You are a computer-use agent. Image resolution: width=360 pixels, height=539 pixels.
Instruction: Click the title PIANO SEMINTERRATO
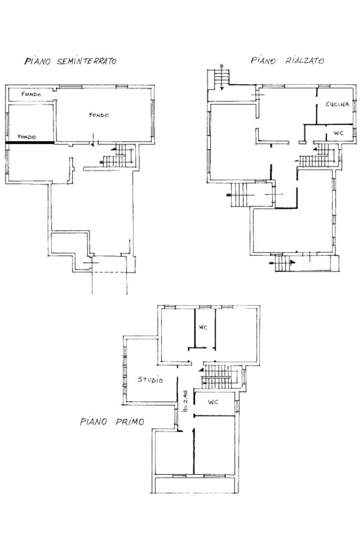click(x=71, y=61)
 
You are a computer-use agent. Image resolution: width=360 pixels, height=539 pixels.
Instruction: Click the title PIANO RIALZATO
click(x=287, y=61)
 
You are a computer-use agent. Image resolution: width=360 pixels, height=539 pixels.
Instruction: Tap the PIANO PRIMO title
click(x=112, y=422)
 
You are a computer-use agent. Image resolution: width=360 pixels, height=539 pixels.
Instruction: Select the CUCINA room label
click(x=337, y=104)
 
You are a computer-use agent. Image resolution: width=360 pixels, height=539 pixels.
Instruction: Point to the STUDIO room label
click(x=150, y=379)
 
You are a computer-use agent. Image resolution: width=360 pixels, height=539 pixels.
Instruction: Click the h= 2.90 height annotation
click(x=185, y=401)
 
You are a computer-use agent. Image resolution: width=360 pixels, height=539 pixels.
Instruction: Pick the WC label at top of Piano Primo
click(x=203, y=328)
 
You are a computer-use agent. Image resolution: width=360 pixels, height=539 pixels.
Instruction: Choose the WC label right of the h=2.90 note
click(x=213, y=402)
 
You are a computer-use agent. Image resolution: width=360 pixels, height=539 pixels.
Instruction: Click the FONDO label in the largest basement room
click(x=99, y=115)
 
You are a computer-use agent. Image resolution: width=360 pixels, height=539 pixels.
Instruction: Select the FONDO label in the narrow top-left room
click(x=31, y=94)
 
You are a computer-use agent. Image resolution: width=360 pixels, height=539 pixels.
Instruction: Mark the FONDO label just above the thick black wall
click(x=27, y=137)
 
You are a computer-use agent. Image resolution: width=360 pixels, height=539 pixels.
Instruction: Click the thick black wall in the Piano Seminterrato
click(x=30, y=142)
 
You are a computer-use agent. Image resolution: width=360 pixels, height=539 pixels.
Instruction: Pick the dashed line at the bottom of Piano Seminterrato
click(x=110, y=272)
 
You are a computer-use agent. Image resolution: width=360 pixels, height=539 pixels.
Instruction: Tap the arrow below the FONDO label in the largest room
click(x=92, y=140)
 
